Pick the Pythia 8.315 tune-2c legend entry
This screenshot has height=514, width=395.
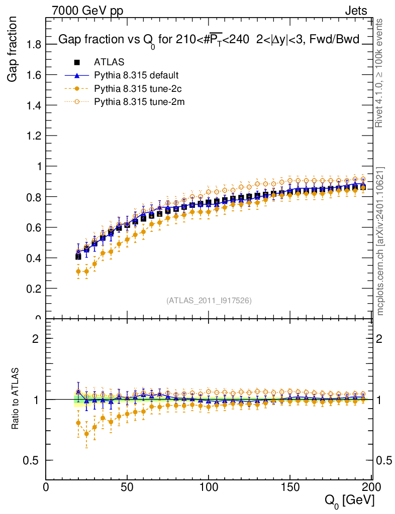137,89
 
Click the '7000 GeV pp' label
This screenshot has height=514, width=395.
87,11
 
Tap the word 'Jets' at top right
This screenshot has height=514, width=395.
355,11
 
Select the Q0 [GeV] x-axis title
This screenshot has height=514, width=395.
348,500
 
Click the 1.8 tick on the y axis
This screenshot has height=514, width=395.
34,44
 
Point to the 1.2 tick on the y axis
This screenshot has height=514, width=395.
34,136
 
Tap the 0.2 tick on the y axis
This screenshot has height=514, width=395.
34,289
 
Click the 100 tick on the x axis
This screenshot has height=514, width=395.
209,487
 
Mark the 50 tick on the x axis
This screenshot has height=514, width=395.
127,487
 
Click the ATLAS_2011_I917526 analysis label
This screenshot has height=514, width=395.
209,300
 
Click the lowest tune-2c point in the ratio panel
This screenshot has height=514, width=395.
86,434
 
